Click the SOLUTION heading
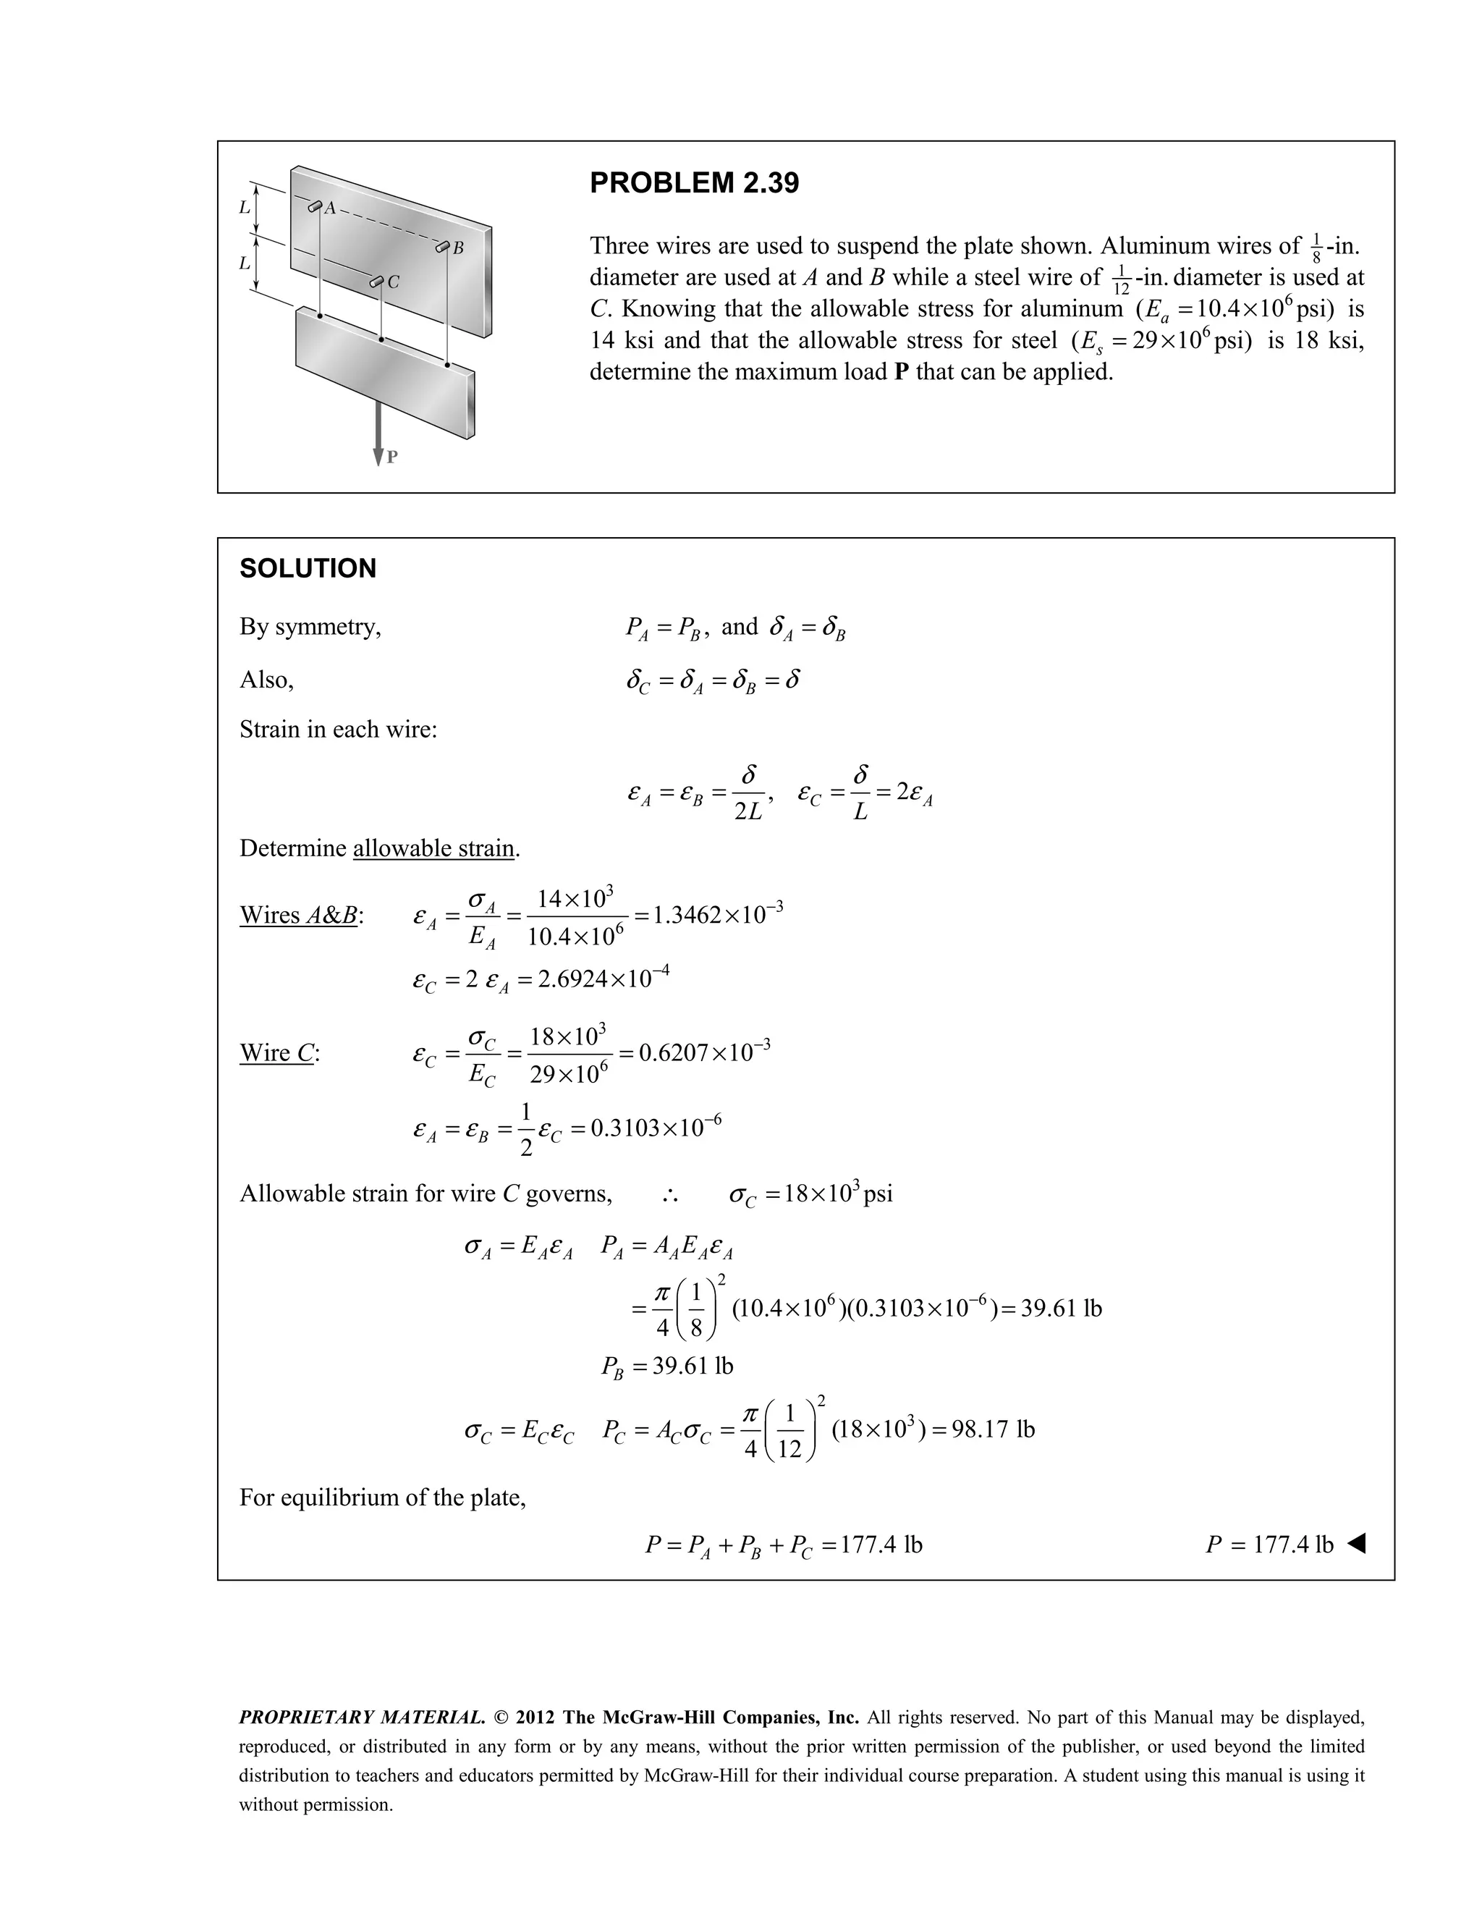(308, 568)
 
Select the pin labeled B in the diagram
(444, 248)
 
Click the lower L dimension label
(244, 263)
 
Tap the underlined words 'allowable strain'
(433, 848)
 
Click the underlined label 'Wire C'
(279, 1052)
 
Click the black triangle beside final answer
(1355, 1544)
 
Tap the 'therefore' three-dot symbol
(670, 1194)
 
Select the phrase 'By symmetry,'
(310, 627)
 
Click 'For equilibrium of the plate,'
(382, 1497)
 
